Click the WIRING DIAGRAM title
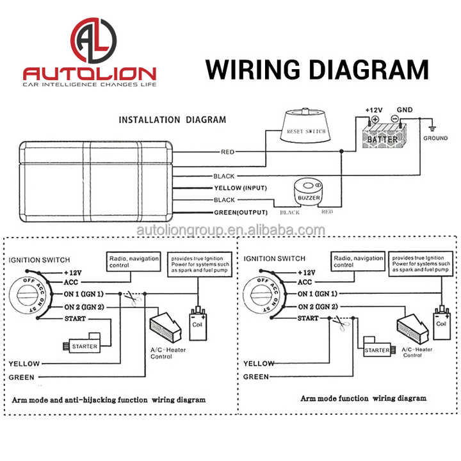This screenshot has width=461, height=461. pyautogui.click(x=317, y=69)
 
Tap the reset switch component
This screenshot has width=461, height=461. pyautogui.click(x=305, y=125)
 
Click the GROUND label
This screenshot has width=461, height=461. pyautogui.click(x=435, y=138)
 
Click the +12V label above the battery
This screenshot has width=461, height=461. pyautogui.click(x=373, y=110)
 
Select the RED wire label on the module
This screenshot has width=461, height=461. pyautogui.click(x=227, y=152)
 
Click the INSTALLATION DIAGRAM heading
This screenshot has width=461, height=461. pyautogui.click(x=172, y=119)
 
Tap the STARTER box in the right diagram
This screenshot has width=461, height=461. pyautogui.click(x=376, y=350)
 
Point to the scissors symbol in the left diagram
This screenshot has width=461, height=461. pyautogui.click(x=131, y=298)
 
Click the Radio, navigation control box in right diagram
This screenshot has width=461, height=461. pyautogui.click(x=358, y=261)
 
